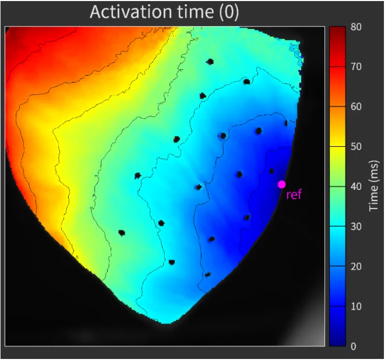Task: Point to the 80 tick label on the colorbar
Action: pyautogui.click(x=356, y=27)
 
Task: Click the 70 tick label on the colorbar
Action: pyautogui.click(x=356, y=67)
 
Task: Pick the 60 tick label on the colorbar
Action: pyautogui.click(x=356, y=107)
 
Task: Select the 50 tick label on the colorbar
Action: pyautogui.click(x=356, y=147)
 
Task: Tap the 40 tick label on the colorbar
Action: pyautogui.click(x=356, y=187)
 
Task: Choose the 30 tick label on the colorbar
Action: pyautogui.click(x=356, y=227)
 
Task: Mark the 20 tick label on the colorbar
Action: pyautogui.click(x=356, y=267)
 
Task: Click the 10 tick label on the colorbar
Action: pyautogui.click(x=356, y=307)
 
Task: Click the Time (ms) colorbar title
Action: pyautogui.click(x=374, y=186)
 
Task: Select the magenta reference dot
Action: pyautogui.click(x=281, y=184)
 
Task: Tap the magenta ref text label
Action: pyautogui.click(x=294, y=196)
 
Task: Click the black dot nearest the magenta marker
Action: pyautogui.click(x=272, y=171)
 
